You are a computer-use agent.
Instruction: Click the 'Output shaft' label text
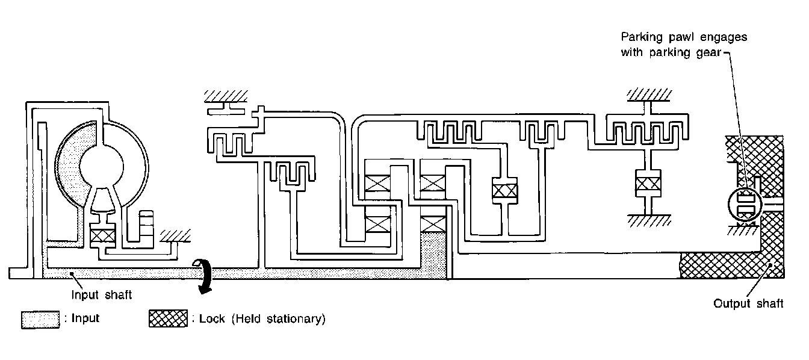[748, 303]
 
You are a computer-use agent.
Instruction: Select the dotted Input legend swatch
[40, 318]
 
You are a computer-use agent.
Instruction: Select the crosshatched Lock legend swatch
[168, 318]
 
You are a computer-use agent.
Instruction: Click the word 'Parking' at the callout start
[642, 37]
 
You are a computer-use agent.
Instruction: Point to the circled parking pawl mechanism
[745, 206]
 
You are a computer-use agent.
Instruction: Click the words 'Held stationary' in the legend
[286, 318]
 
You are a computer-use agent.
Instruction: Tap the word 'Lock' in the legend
[210, 318]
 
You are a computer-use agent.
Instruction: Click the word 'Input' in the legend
[84, 318]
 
